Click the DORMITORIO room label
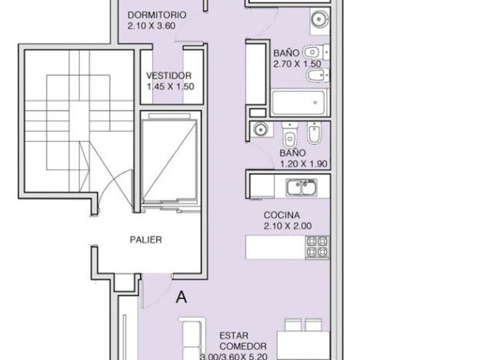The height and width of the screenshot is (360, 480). [x=157, y=15]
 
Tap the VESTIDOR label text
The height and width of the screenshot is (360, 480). [x=169, y=75]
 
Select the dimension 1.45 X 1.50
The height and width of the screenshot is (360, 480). [x=170, y=87]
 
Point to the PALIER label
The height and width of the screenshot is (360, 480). [x=146, y=239]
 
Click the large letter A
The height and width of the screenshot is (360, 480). [x=182, y=297]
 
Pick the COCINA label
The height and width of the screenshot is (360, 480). [x=282, y=215]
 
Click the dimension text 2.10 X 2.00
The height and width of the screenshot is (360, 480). [x=287, y=226]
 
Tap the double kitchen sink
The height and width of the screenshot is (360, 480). [x=301, y=187]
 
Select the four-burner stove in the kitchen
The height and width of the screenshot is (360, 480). [x=317, y=247]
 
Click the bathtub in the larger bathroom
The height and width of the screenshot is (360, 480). [x=298, y=103]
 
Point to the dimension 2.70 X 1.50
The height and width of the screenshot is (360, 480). [x=297, y=64]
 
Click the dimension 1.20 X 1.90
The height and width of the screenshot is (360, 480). [x=303, y=164]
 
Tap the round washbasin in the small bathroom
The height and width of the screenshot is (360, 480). [x=261, y=130]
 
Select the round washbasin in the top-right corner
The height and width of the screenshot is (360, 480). [x=319, y=19]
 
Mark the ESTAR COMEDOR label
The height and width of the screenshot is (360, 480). [x=243, y=341]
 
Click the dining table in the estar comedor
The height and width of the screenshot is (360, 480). [x=303, y=345]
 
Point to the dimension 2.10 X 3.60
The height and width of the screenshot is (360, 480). [x=151, y=26]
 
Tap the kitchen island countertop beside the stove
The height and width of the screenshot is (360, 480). [x=275, y=247]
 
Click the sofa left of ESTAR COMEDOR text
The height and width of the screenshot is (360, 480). [x=192, y=338]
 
